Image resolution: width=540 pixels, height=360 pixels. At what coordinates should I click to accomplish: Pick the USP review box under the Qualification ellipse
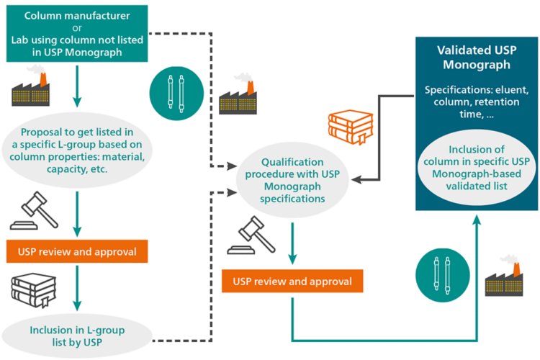[x=291, y=282]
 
